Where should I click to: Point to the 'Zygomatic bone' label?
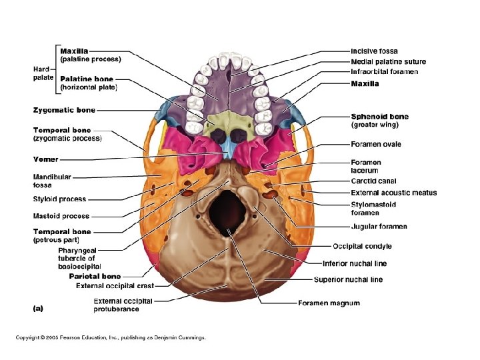[64, 110]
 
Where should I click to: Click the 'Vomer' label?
[46, 159]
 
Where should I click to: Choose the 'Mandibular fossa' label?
[51, 181]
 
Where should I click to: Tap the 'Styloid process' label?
[59, 199]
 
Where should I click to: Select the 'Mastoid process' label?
[61, 216]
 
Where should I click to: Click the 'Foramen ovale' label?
[376, 144]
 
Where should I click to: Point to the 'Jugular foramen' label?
[379, 227]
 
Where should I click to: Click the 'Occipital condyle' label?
[361, 246]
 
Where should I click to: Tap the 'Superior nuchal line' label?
[348, 279]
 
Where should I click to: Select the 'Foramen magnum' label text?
[328, 303]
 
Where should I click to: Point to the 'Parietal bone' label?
[95, 276]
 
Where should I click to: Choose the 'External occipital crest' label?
[115, 286]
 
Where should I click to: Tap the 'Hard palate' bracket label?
[41, 73]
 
